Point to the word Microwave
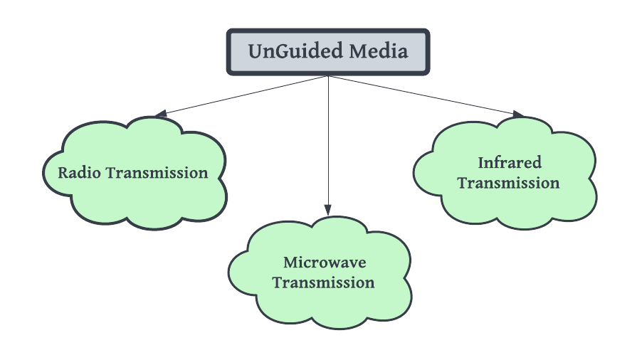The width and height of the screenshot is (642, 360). click(325, 263)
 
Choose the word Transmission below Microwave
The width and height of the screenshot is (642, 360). click(324, 282)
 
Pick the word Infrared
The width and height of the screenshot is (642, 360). click(509, 163)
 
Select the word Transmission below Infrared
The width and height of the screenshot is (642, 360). click(508, 183)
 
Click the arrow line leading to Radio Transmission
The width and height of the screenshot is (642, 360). click(242, 95)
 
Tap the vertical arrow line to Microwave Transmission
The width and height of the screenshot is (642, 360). click(328, 142)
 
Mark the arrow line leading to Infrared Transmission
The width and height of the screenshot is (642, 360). click(427, 95)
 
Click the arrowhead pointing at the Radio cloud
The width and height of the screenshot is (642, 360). click(161, 114)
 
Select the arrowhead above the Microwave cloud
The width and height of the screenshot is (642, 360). click(328, 209)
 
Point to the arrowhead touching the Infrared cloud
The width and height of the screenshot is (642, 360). click(517, 114)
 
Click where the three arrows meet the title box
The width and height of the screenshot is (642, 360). click(328, 75)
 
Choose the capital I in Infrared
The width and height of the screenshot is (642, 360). click(481, 163)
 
